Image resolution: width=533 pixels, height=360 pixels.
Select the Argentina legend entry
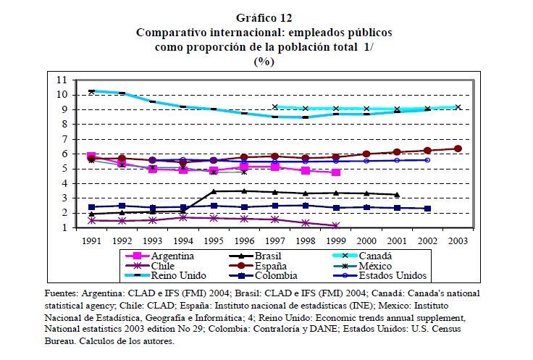(172, 256)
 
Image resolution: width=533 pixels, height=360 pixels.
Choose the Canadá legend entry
(374, 256)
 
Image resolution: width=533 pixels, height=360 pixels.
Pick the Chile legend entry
(164, 266)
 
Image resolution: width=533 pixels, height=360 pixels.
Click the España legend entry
(273, 266)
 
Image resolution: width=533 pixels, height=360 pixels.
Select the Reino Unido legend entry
(177, 275)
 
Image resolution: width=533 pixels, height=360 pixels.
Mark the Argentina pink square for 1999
(336, 172)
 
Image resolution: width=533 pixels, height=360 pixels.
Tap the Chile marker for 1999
(336, 225)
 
